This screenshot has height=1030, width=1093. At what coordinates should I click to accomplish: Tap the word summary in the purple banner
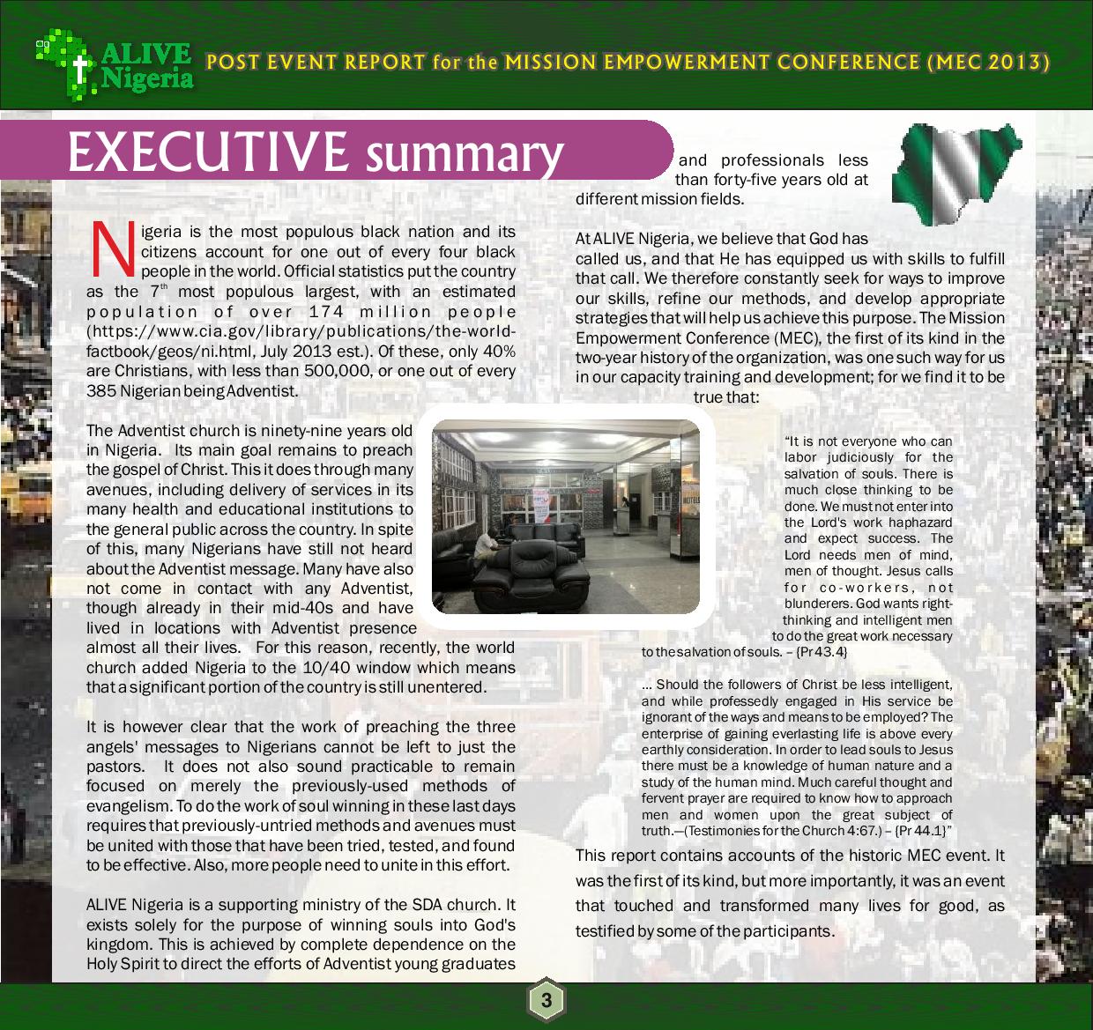pyautogui.click(x=465, y=153)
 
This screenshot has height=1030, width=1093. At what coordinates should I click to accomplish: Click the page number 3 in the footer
pyautogui.click(x=546, y=1001)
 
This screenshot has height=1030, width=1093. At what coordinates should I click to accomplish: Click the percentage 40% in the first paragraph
pyautogui.click(x=498, y=352)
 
